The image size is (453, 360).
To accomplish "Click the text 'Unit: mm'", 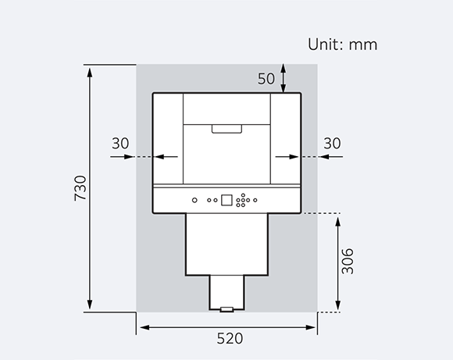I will tap(342, 45).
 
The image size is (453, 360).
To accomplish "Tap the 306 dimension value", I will tap(348, 261).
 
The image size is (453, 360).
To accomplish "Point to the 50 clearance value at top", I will tap(266, 78).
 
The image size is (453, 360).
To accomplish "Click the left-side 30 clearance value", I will tap(120, 143).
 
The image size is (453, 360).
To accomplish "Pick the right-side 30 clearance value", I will tap(332, 143).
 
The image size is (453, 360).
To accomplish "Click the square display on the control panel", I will tap(226, 199).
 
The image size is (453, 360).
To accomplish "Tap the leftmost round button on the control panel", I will tap(194, 199).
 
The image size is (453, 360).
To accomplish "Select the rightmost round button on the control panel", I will tap(255, 199).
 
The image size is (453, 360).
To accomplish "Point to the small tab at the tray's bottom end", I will tap(226, 309).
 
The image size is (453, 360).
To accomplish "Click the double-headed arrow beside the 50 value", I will tap(284, 78).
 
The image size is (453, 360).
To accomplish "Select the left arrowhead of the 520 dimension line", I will tap(141, 326).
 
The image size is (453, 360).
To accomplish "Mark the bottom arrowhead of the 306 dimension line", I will tap(337, 307).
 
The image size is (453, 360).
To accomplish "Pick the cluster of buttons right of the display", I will tap(244, 199).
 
